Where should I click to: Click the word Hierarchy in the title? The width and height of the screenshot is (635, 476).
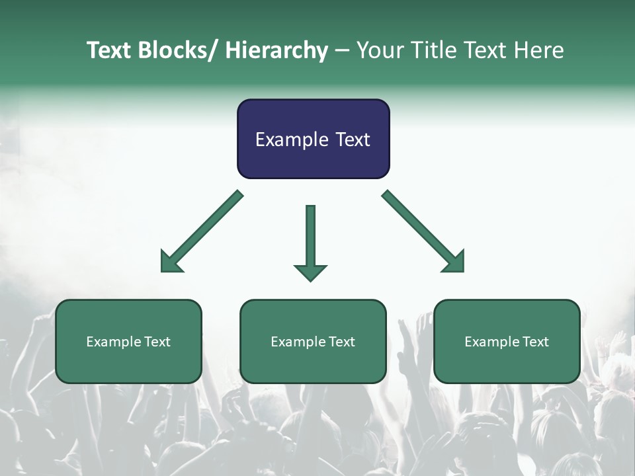[276, 50]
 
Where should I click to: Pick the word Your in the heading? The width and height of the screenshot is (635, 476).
[379, 50]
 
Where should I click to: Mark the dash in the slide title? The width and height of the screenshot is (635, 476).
[342, 51]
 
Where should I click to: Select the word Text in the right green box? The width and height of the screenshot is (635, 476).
[535, 342]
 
